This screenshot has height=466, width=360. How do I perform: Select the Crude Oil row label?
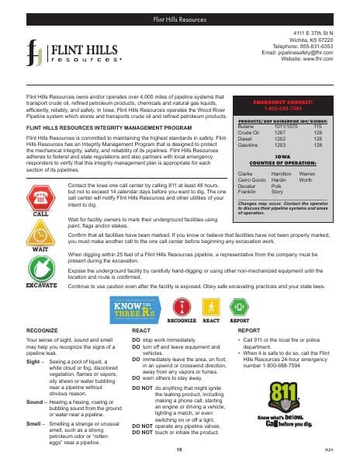point(247,133)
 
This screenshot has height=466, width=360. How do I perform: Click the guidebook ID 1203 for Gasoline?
point(281,144)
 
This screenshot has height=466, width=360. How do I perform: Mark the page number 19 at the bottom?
point(179,450)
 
